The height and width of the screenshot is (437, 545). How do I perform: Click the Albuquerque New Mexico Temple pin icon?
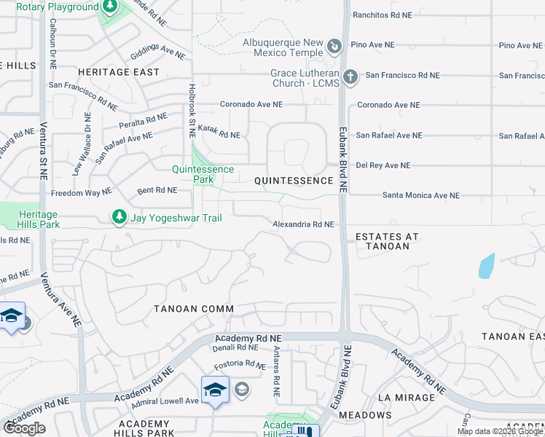click(x=334, y=47)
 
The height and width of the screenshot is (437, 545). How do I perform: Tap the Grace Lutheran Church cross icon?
click(x=350, y=76)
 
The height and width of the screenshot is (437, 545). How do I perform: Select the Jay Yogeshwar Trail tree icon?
click(x=118, y=217)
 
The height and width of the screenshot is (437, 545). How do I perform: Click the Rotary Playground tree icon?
click(x=109, y=7)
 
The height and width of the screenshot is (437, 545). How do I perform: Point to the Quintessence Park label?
click(x=203, y=174)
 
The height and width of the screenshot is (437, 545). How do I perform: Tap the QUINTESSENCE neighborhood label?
click(x=293, y=180)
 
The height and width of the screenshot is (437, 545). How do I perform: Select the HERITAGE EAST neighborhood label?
click(x=109, y=73)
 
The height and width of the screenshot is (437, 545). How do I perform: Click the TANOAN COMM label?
click(x=194, y=309)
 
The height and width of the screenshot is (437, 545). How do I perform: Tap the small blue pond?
click(x=487, y=266)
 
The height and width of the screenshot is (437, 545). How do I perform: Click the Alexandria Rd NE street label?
click(x=303, y=225)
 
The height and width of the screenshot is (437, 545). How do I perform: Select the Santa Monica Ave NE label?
click(x=421, y=195)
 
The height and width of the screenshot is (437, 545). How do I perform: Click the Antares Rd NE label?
click(x=276, y=371)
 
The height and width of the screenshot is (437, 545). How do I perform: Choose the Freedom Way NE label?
click(x=81, y=193)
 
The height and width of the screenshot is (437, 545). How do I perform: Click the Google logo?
click(x=24, y=428)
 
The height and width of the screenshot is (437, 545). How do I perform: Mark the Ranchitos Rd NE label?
click(x=386, y=15)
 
